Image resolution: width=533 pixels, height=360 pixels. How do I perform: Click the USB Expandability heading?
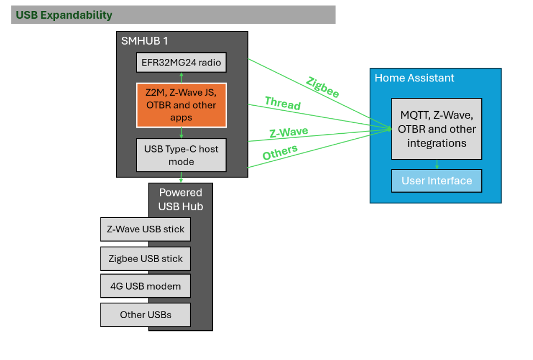(x=64, y=15)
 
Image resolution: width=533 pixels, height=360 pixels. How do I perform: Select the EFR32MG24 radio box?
(x=181, y=63)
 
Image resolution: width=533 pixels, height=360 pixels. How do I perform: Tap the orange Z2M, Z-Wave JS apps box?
(x=181, y=105)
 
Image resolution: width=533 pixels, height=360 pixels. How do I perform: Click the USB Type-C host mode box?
(x=181, y=155)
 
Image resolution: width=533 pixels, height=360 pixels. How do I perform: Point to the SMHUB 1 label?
(x=145, y=41)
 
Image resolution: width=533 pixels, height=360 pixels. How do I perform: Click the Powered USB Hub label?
(x=180, y=199)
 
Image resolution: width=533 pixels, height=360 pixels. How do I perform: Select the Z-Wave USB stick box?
(x=145, y=229)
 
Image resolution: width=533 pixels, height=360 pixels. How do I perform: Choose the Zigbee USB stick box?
(x=145, y=258)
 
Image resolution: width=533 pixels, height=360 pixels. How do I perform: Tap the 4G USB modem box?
(x=145, y=286)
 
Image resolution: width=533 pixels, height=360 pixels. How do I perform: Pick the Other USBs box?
(x=145, y=315)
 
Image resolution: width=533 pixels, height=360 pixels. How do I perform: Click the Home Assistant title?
(x=414, y=78)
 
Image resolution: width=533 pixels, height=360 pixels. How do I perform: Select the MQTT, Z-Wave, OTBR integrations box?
(x=436, y=129)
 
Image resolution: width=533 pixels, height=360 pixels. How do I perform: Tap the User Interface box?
(x=436, y=181)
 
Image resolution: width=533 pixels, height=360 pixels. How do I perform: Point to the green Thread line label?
(x=283, y=103)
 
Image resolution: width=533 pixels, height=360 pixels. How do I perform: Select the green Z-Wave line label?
(x=288, y=133)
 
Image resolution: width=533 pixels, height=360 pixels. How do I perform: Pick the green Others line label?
(x=280, y=152)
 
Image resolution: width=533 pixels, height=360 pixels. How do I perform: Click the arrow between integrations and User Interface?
(x=437, y=164)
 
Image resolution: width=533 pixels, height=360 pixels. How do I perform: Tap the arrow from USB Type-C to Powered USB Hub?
(x=181, y=177)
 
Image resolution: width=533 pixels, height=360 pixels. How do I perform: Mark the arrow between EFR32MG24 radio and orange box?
(x=181, y=78)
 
